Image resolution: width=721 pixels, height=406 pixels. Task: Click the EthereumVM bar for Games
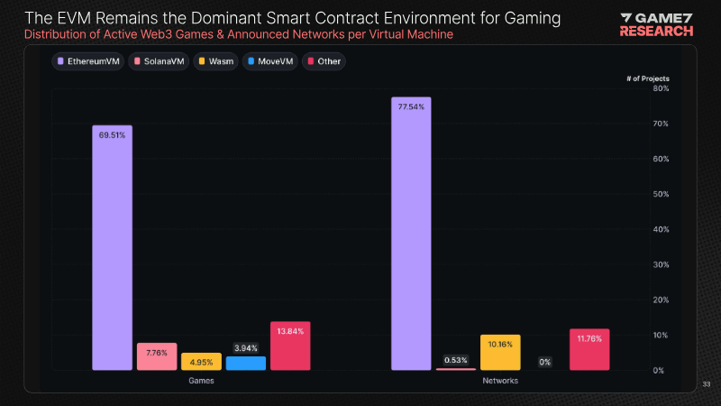pyautogui.click(x=112, y=248)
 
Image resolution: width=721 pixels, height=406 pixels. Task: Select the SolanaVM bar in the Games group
pyautogui.click(x=157, y=356)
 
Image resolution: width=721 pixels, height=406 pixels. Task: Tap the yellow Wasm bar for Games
pyautogui.click(x=201, y=362)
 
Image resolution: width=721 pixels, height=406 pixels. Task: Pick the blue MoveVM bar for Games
pyautogui.click(x=245, y=363)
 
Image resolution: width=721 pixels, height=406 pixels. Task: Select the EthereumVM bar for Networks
pyautogui.click(x=411, y=234)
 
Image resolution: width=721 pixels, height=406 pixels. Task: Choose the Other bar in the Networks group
pyautogui.click(x=589, y=349)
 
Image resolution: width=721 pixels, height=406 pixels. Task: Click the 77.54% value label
pyautogui.click(x=411, y=106)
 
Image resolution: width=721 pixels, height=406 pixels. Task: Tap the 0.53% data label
pyautogui.click(x=455, y=360)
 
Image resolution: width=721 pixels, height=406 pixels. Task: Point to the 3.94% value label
pyautogui.click(x=245, y=347)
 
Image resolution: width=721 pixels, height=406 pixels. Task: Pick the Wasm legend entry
pyautogui.click(x=215, y=61)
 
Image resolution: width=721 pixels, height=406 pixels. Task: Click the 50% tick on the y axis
pyautogui.click(x=660, y=194)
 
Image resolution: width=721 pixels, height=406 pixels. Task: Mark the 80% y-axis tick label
pyautogui.click(x=660, y=88)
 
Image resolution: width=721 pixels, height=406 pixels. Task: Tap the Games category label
pyautogui.click(x=201, y=381)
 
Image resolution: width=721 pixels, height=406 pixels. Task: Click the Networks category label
pyautogui.click(x=500, y=381)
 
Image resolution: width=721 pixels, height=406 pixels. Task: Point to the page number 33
pyautogui.click(x=707, y=385)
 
